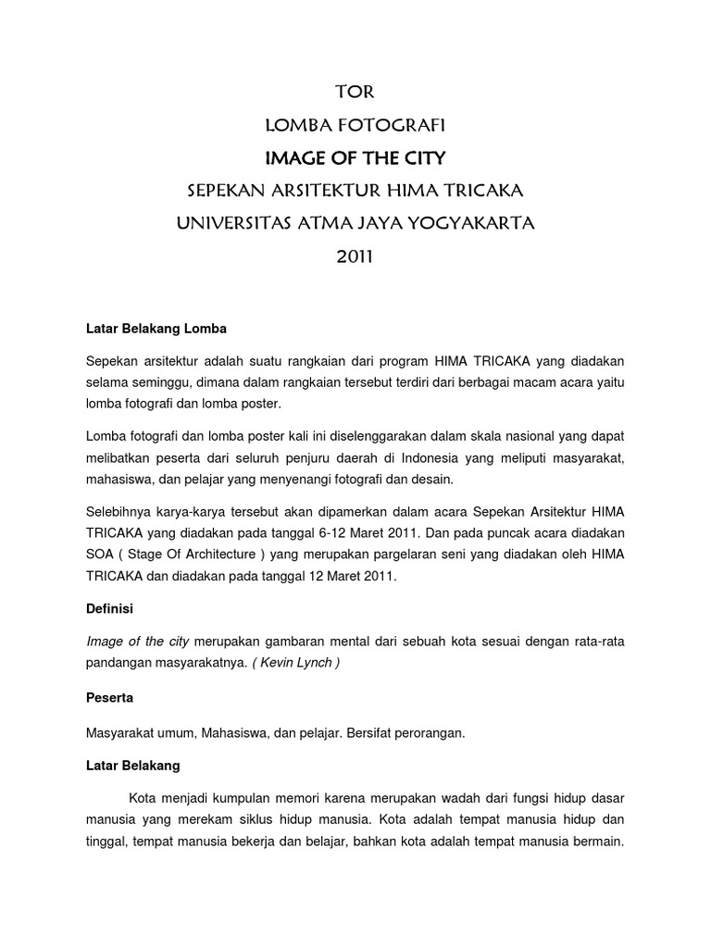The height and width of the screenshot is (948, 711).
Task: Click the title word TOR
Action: click(x=355, y=93)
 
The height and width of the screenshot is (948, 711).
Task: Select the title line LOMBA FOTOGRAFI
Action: click(x=355, y=125)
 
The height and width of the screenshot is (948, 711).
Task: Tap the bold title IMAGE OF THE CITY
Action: click(x=355, y=157)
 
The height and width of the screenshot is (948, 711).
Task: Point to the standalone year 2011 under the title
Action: click(x=355, y=256)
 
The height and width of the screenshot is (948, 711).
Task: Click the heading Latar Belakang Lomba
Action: click(x=156, y=328)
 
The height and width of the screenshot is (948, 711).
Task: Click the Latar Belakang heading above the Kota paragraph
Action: click(x=133, y=766)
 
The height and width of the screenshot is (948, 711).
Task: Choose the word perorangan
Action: click(x=423, y=733)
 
